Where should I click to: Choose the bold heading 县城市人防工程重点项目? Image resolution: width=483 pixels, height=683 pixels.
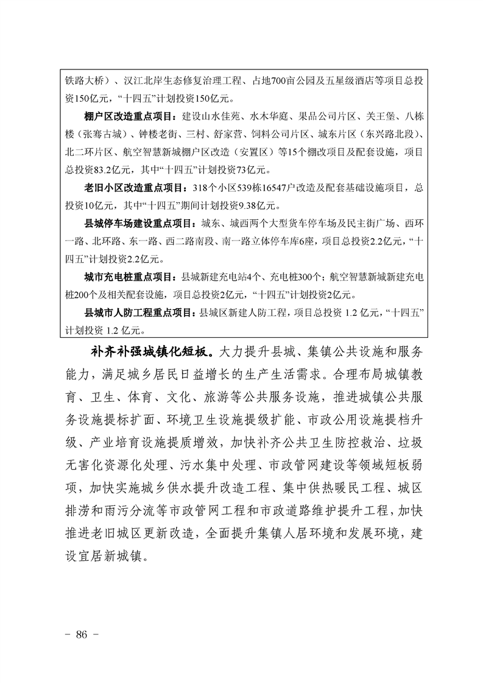(x=138, y=313)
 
